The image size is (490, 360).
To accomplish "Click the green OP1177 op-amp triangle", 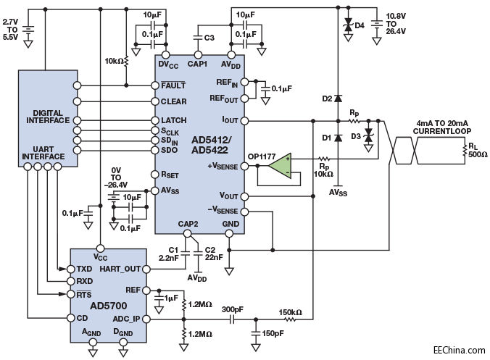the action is click(x=279, y=166).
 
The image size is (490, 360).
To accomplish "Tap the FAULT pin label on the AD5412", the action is click(x=173, y=85).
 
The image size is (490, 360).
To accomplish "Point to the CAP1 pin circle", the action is click(x=197, y=55).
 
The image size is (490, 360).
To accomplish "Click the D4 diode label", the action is click(x=360, y=25).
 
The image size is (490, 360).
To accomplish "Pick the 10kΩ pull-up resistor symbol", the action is click(x=126, y=61).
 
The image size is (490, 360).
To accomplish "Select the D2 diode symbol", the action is click(x=338, y=99).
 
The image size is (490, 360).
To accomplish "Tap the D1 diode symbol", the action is click(x=338, y=138).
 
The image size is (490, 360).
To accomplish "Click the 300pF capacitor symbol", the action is click(x=232, y=319).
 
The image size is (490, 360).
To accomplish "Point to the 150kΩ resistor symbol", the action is click(x=290, y=319).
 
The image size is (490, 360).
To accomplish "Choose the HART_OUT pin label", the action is click(x=120, y=269).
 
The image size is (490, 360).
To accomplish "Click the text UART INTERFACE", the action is click(x=43, y=153).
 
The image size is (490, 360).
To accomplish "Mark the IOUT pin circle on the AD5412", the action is click(x=245, y=120).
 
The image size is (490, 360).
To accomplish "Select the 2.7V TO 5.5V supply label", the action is click(x=11, y=30).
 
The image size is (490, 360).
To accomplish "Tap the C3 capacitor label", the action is click(x=209, y=38).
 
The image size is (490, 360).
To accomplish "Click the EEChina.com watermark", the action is click(x=460, y=350).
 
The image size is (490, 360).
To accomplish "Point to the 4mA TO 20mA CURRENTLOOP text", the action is click(x=442, y=127).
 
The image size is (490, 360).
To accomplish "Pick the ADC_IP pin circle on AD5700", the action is click(x=146, y=319).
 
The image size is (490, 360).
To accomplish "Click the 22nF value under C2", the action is click(x=214, y=257).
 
